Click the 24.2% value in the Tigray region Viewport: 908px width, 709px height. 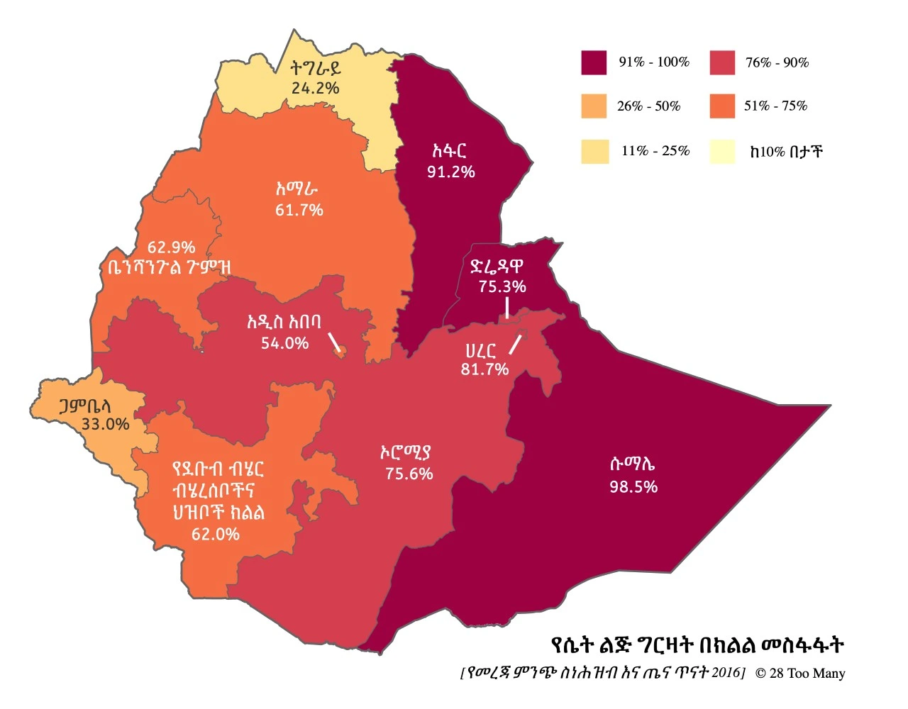click(x=315, y=89)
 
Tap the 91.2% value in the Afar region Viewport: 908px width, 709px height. click(x=450, y=172)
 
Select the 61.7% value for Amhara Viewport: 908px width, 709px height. click(x=299, y=210)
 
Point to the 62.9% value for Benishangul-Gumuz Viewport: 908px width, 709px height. click(x=171, y=247)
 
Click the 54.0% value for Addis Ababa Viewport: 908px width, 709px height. click(x=284, y=344)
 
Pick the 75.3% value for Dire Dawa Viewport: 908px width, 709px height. click(x=502, y=287)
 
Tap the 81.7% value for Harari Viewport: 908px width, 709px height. click(x=485, y=369)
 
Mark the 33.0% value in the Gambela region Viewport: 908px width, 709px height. click(x=105, y=425)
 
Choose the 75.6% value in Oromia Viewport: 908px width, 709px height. click(x=409, y=474)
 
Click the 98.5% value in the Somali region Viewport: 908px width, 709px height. click(x=633, y=487)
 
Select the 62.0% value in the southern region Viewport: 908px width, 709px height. click(x=216, y=534)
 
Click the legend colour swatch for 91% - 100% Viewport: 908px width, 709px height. click(x=594, y=62)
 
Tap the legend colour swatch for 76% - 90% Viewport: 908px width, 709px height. click(x=721, y=62)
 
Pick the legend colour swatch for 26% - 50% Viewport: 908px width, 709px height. click(x=594, y=106)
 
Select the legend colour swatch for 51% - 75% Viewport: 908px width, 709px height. click(x=721, y=106)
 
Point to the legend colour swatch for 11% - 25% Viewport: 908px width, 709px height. click(x=594, y=151)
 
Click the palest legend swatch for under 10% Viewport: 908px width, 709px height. click(x=722, y=152)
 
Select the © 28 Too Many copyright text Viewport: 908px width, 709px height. click(x=800, y=673)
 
